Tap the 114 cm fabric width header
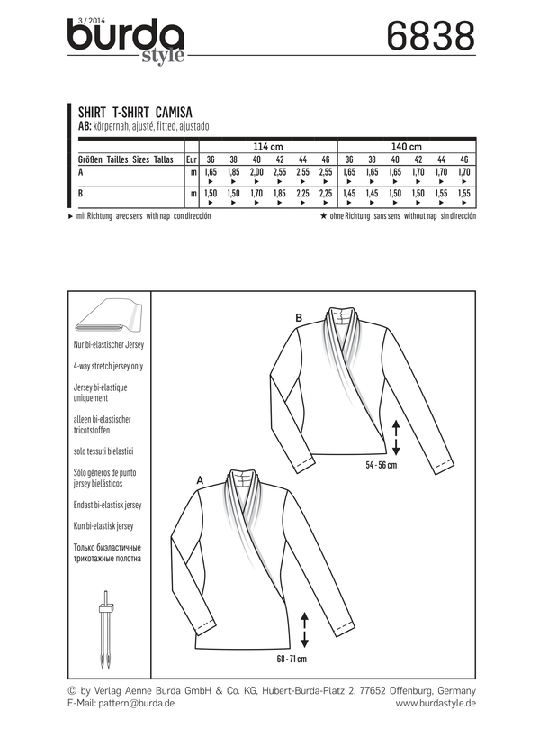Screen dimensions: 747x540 coord(267,145)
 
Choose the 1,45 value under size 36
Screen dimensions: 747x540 coord(350,194)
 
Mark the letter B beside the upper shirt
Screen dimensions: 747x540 coord(299,317)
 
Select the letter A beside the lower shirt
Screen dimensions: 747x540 coord(199,481)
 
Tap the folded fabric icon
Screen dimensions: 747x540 coord(106,319)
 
